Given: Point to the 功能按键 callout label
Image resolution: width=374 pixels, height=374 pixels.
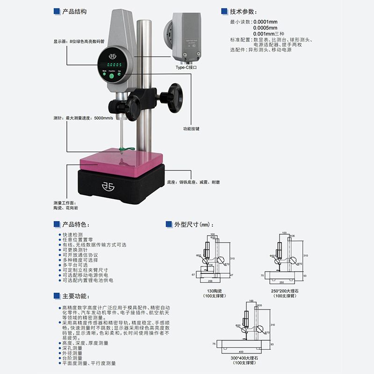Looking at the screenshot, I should tap(191, 129).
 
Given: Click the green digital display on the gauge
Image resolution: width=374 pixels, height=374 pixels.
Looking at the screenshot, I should tap(112, 65).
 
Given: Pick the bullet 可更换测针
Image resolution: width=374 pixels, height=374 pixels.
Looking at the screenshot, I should tap(76, 250).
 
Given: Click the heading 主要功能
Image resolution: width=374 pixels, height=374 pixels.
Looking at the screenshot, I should tap(75, 296).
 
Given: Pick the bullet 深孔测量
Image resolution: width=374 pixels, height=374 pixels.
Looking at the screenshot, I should tap(72, 348).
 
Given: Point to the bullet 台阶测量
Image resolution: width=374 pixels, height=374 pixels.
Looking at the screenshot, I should tap(72, 358).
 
